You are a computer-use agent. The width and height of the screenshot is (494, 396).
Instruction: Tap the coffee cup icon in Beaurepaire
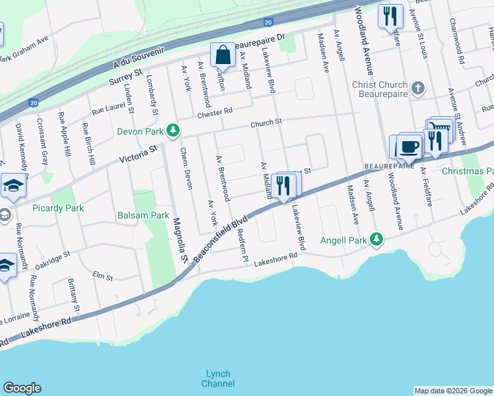coord(409,146)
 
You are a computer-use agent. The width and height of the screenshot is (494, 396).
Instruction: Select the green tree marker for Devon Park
coord(173,131)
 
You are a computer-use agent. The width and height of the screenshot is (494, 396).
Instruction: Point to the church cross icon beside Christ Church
coord(417,88)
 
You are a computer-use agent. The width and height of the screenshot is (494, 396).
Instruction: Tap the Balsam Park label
coord(143,215)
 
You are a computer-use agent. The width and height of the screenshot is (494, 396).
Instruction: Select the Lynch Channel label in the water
coord(219,378)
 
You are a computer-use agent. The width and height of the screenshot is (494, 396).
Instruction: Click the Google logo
coord(22,388)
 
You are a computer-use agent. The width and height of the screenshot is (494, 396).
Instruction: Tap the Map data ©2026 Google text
coord(453,391)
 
